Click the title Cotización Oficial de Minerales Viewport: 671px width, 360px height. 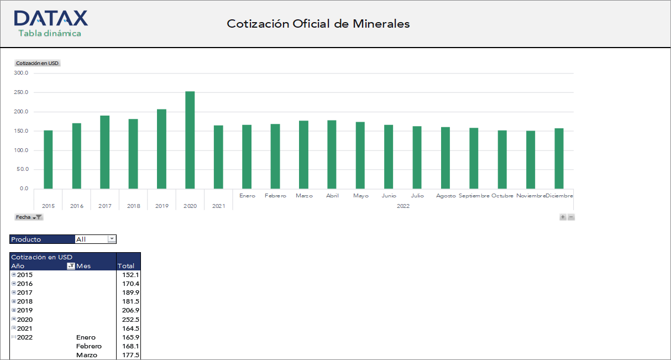tap(318, 24)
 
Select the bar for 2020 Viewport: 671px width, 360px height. tap(190, 140)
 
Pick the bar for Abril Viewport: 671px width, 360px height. tap(332, 154)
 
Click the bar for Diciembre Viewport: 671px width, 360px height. tap(559, 158)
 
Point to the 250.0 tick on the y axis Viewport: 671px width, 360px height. tap(22, 92)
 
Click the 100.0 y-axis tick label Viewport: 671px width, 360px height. tap(22, 150)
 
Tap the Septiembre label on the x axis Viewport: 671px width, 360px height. tap(474, 196)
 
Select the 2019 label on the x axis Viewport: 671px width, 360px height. tap(161, 206)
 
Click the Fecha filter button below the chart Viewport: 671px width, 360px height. tap(29, 217)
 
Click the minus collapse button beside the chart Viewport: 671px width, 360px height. tap(572, 217)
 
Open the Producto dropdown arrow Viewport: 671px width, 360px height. tap(112, 239)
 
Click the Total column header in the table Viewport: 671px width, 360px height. tap(126, 266)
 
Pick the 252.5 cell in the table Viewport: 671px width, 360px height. tap(130, 320)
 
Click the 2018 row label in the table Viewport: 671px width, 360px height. tap(25, 301)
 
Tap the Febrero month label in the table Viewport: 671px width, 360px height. tap(88, 346)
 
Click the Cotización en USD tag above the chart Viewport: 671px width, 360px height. tap(37, 63)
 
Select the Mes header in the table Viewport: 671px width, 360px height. tap(83, 266)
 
